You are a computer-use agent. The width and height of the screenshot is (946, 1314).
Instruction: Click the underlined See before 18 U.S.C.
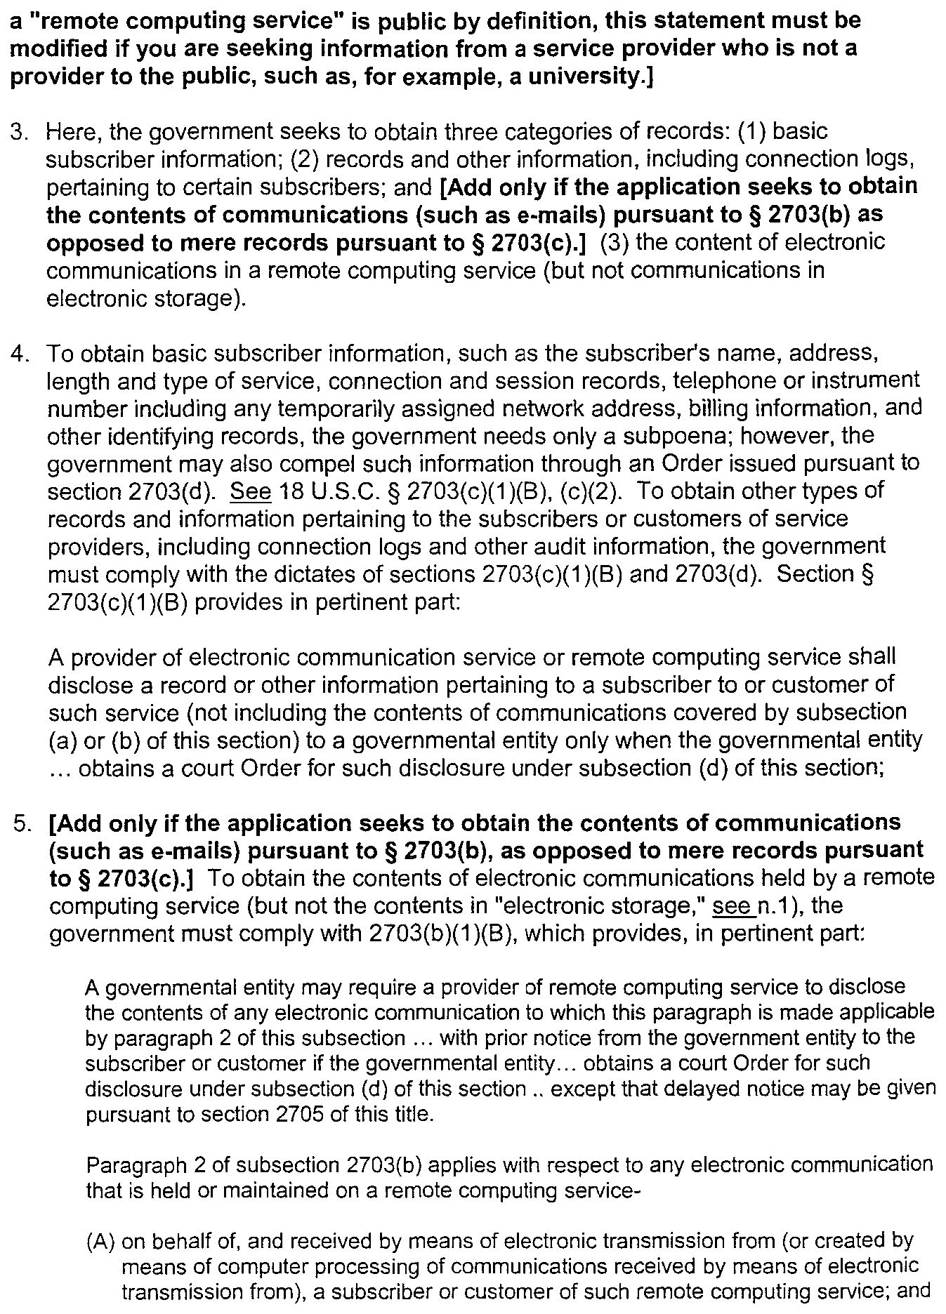pos(250,491)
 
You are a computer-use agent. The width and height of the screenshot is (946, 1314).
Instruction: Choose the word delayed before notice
pos(725,1088)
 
